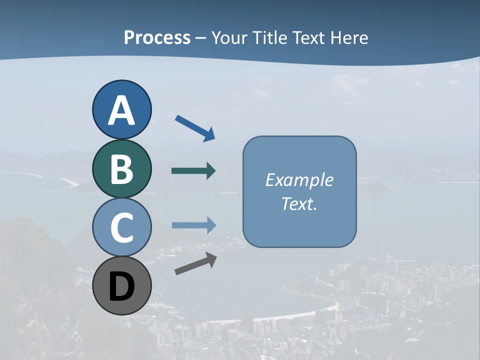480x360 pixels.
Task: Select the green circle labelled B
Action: click(121, 169)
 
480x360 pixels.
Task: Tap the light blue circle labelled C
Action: click(121, 227)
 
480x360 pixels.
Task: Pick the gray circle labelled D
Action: click(121, 286)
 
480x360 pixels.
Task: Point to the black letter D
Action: click(121, 287)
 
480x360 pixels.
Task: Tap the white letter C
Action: click(121, 228)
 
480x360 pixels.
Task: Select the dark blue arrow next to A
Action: click(195, 128)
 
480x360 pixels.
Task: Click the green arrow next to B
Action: click(193, 171)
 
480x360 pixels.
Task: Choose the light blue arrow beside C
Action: click(193, 225)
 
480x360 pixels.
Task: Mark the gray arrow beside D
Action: click(195, 263)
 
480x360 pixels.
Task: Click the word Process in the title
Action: click(157, 38)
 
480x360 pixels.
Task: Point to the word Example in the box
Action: click(299, 180)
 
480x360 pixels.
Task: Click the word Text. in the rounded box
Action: click(299, 203)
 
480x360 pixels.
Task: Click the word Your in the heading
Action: click(229, 38)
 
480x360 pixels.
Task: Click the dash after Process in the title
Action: click(201, 38)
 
